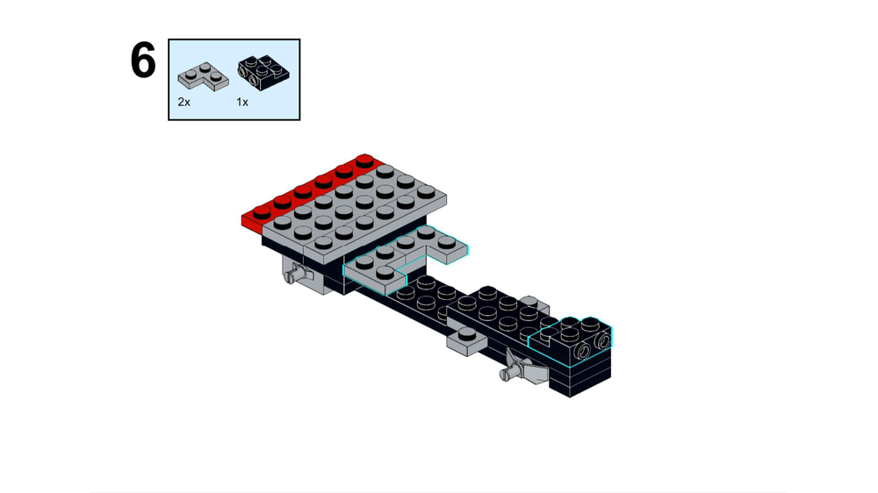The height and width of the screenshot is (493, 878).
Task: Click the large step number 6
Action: tap(143, 61)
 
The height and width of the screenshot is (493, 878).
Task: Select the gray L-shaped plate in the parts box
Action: tap(202, 75)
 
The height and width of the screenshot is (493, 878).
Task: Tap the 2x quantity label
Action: tap(184, 103)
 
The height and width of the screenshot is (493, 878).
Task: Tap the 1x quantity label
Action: tap(242, 103)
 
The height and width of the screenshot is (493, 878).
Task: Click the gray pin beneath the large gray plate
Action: tap(299, 275)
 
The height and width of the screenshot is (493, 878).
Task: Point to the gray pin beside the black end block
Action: tap(521, 374)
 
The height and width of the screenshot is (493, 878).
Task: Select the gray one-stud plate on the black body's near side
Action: tap(464, 338)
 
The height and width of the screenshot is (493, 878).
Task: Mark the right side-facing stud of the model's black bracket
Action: tap(602, 339)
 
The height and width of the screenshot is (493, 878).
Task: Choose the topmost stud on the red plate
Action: tap(363, 161)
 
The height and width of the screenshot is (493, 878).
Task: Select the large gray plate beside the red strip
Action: tap(351, 211)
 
